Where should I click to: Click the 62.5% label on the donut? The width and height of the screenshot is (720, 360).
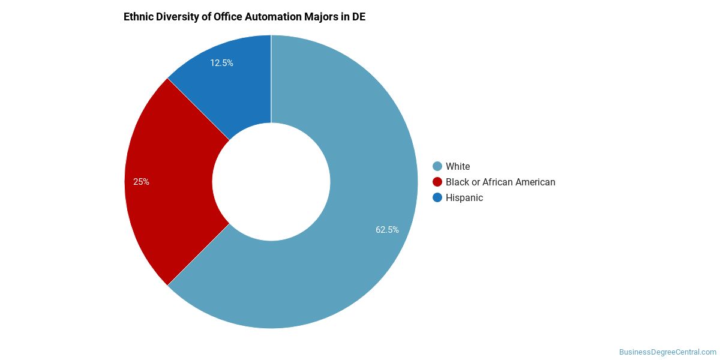[387, 229]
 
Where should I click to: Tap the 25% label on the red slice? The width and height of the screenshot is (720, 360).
[141, 182]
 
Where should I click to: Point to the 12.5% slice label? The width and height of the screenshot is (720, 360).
[221, 62]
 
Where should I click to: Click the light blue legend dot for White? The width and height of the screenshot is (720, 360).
[437, 166]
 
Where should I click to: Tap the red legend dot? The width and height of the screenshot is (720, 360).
[437, 182]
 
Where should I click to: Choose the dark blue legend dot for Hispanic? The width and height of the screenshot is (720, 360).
[437, 197]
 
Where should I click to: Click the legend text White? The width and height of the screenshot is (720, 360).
[458, 166]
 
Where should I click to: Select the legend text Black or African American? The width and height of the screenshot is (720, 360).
[500, 182]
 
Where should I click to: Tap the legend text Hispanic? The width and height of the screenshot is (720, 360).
[464, 197]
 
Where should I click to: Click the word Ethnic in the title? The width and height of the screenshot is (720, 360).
[138, 17]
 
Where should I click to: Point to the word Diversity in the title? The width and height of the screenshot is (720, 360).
[177, 17]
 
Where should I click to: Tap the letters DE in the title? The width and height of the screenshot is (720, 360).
[358, 17]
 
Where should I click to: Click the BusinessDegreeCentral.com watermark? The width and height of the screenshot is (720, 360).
[667, 352]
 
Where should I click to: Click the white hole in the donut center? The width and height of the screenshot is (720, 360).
[271, 182]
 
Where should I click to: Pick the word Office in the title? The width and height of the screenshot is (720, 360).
[227, 17]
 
